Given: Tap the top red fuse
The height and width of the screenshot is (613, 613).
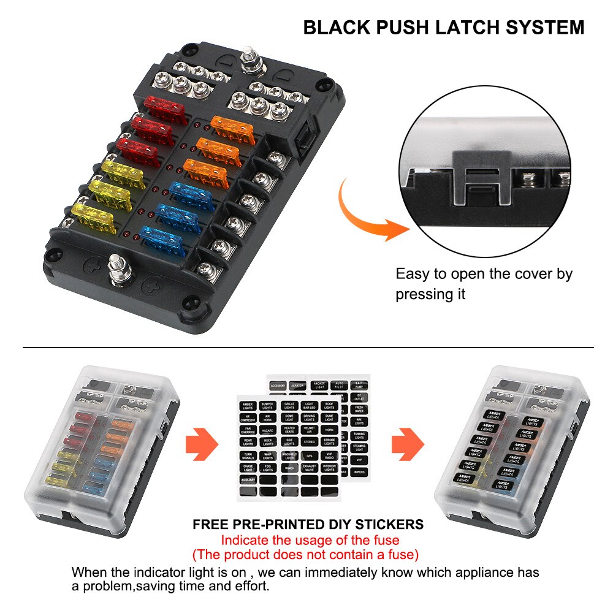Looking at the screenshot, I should coord(164,106).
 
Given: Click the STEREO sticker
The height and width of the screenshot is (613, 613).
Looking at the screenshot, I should coord(310,441).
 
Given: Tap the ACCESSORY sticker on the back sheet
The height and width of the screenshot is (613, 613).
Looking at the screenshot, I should coord(278,385).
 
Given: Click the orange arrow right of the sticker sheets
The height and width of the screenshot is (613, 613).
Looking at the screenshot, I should coord(408,444).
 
